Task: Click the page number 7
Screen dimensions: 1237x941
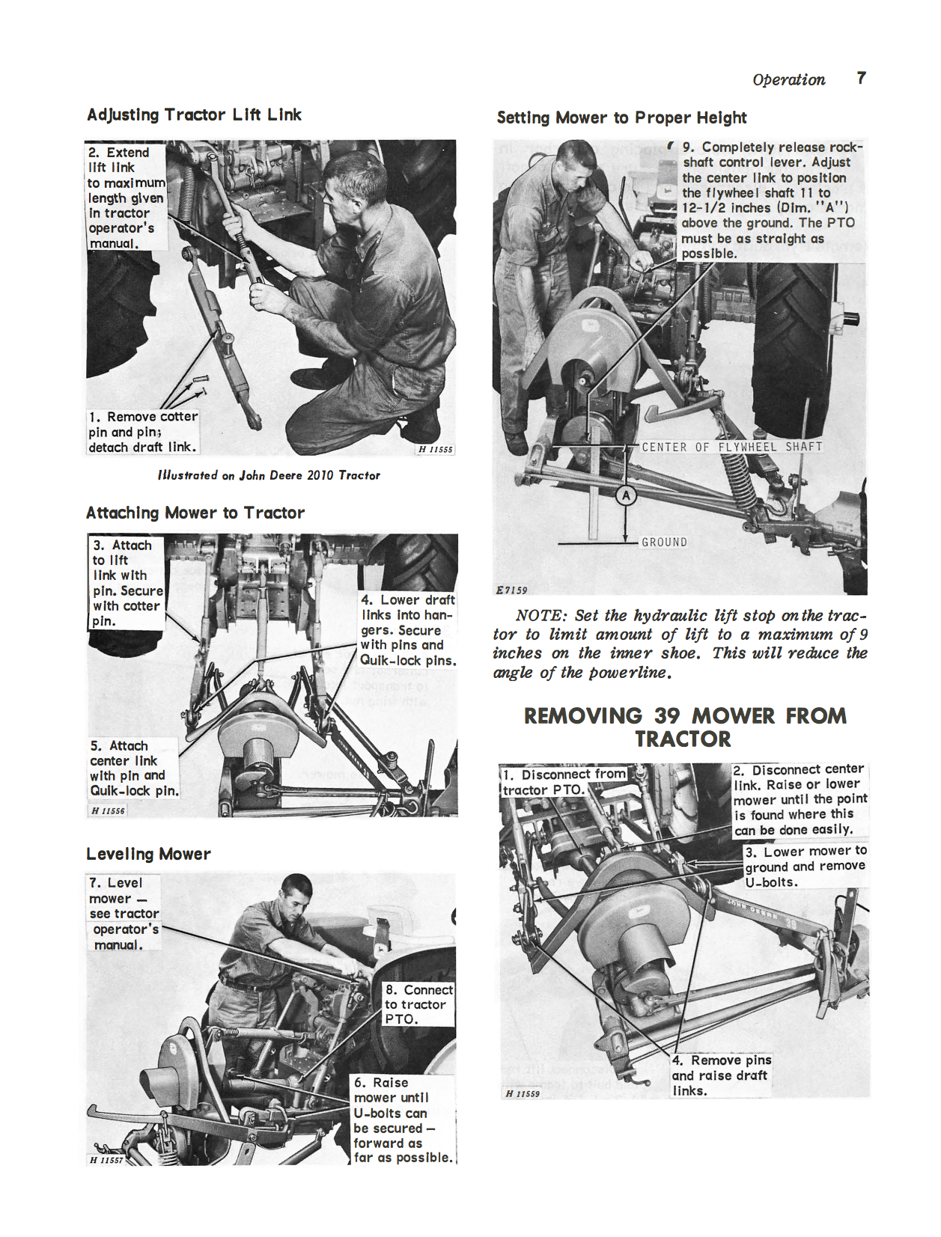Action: tap(861, 78)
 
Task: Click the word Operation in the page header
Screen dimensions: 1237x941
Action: tap(788, 79)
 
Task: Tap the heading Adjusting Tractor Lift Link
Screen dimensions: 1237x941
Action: tap(194, 114)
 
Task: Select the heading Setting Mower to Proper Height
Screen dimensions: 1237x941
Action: tap(621, 117)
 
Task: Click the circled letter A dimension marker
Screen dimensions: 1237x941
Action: tap(626, 495)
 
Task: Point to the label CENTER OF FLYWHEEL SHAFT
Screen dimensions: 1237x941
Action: tap(731, 447)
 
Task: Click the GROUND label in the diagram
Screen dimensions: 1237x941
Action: tap(664, 542)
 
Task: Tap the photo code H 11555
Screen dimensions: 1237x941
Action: tap(435, 449)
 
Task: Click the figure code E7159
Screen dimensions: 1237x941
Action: tap(511, 590)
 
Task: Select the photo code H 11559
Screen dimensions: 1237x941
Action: tap(523, 1093)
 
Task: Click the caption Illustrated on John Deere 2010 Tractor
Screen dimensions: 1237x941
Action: tap(269, 475)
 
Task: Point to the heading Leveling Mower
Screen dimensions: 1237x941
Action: tap(148, 854)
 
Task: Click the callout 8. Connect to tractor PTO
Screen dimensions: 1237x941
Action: tap(418, 1004)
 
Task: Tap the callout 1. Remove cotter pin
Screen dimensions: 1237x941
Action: tap(142, 432)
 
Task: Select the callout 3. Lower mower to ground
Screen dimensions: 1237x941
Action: tap(805, 867)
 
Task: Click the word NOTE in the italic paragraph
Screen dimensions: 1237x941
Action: tap(540, 616)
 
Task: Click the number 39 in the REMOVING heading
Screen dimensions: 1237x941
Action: tap(666, 715)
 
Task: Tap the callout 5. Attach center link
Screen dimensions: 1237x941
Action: tap(133, 768)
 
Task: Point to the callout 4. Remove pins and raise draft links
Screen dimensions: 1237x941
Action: tap(720, 1075)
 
